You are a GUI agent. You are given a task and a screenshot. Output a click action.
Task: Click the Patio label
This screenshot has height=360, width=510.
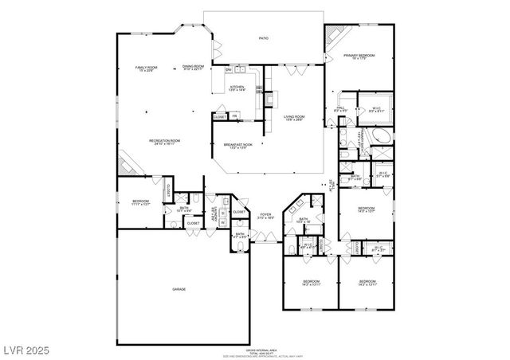tap(263, 37)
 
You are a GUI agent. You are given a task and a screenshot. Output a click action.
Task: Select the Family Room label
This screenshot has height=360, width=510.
tap(146, 69)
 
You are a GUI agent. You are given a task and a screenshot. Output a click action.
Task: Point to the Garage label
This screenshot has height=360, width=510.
tap(179, 289)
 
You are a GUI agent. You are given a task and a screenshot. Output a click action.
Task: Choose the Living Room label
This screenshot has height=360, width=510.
tap(295, 119)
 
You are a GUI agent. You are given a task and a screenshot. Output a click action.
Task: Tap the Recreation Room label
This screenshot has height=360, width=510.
tap(164, 142)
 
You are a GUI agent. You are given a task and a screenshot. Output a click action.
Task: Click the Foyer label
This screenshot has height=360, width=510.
tap(265, 215)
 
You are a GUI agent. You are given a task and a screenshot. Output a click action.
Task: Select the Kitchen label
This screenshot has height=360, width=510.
tap(237, 88)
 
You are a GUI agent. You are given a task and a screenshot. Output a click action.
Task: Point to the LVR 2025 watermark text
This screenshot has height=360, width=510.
tap(26, 348)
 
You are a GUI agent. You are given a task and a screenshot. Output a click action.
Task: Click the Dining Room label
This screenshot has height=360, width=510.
tap(193, 68)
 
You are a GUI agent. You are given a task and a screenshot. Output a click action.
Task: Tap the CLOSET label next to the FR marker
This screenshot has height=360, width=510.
tap(220, 117)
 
